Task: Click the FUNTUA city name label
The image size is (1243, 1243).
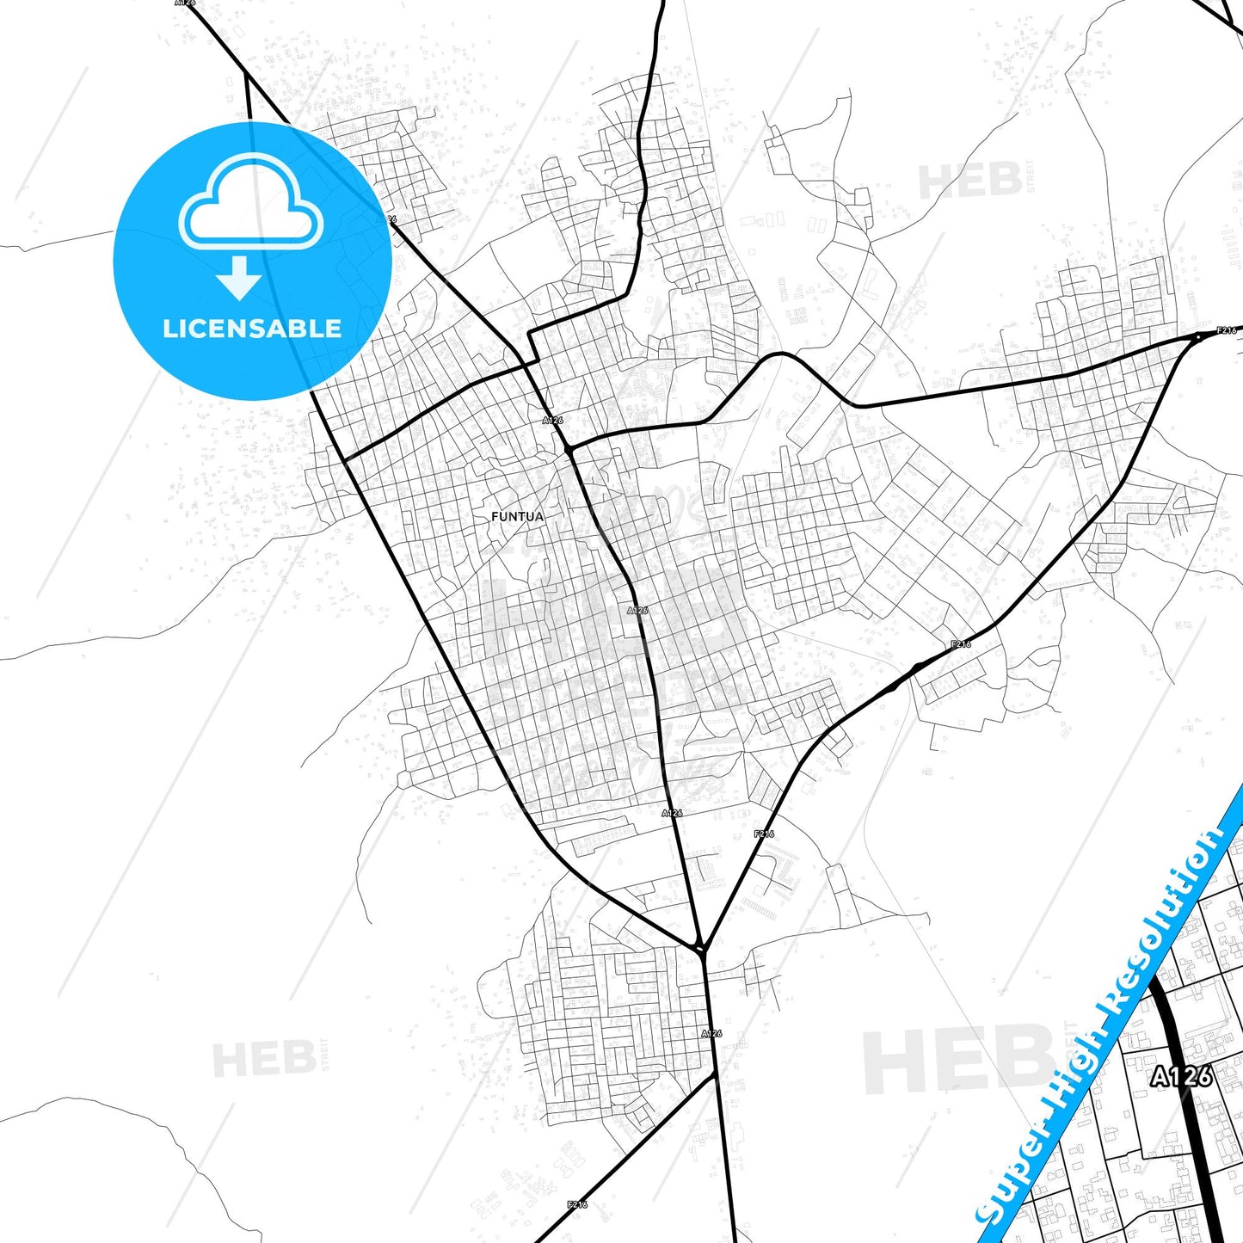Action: click(517, 517)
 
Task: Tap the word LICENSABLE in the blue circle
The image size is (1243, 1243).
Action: click(252, 329)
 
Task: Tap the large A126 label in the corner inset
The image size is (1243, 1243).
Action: click(1182, 1075)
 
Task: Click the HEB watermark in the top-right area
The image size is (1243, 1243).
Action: click(970, 182)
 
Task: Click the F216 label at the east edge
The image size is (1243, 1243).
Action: click(1226, 330)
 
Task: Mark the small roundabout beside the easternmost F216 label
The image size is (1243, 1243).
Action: click(1197, 336)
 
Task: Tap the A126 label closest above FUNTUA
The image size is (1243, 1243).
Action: click(552, 421)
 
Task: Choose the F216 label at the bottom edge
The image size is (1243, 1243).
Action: click(577, 1204)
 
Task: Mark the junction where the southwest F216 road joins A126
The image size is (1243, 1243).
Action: click(716, 1074)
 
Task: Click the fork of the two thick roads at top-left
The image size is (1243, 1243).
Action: click(247, 75)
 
